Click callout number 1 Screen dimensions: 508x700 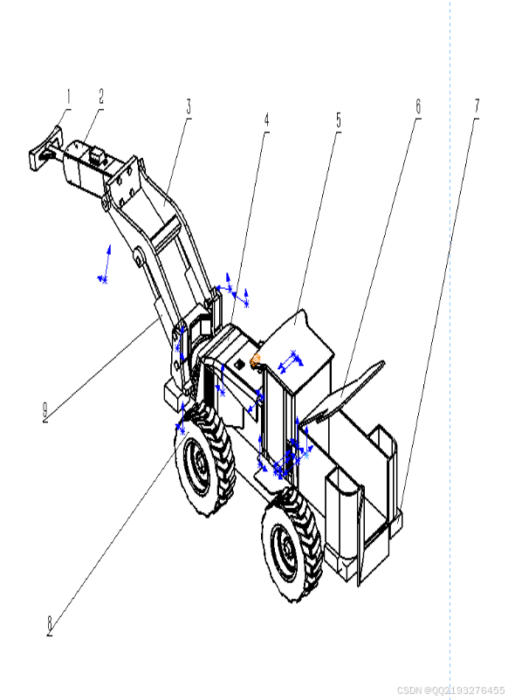click(x=68, y=97)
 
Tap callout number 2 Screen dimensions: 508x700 click(x=101, y=96)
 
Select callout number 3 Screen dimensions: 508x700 click(x=189, y=107)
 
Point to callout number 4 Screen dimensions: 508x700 click(x=266, y=120)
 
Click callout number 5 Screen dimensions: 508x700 click(x=339, y=120)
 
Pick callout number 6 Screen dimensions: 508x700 click(x=418, y=107)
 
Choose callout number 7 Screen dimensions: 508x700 click(x=477, y=107)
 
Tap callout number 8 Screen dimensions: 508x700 click(x=50, y=625)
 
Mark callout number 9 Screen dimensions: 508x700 click(x=45, y=411)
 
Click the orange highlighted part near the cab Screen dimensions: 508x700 click(x=256, y=360)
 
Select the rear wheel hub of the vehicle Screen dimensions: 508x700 click(x=285, y=548)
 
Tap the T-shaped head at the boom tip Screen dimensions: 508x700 click(x=44, y=148)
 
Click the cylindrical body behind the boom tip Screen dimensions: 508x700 click(x=84, y=164)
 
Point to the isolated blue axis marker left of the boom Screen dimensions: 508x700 click(x=105, y=264)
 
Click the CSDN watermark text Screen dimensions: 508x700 click(x=450, y=690)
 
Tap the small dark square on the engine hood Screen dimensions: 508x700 click(x=239, y=364)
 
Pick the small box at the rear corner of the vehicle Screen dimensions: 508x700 click(x=395, y=523)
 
